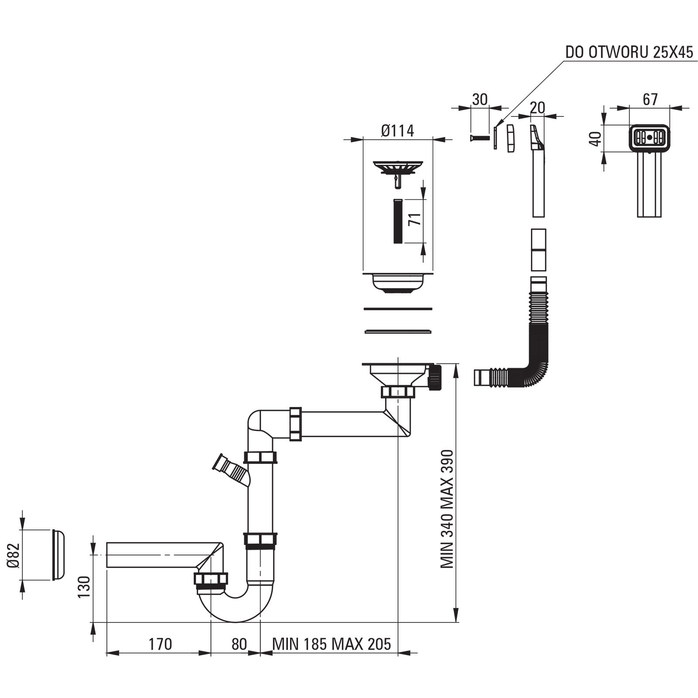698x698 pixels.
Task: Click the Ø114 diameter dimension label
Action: pos(397,130)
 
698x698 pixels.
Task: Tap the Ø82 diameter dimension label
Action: pos(14,555)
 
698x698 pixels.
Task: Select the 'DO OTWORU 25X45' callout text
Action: pos(629,52)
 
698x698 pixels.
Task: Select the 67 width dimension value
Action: pos(650,99)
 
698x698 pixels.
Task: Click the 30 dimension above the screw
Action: pos(479,99)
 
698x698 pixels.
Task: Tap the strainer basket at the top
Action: pos(397,168)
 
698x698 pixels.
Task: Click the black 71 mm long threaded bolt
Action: pos(398,222)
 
